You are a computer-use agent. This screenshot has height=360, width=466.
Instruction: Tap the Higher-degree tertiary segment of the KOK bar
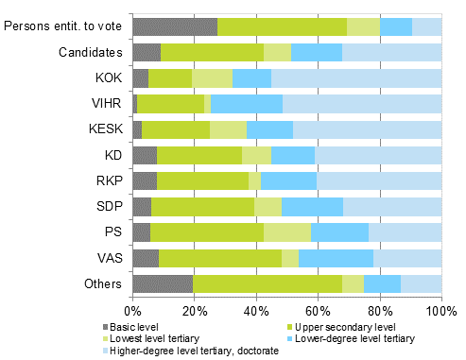[356, 78]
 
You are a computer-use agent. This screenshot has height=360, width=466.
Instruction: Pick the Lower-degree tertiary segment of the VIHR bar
[247, 104]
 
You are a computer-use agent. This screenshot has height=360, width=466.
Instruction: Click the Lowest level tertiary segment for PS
[287, 231]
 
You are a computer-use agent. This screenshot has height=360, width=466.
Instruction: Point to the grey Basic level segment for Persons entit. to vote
[175, 26]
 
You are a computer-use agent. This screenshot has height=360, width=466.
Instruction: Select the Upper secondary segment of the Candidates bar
[213, 53]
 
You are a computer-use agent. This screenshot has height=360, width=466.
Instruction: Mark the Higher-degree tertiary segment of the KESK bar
[368, 129]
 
